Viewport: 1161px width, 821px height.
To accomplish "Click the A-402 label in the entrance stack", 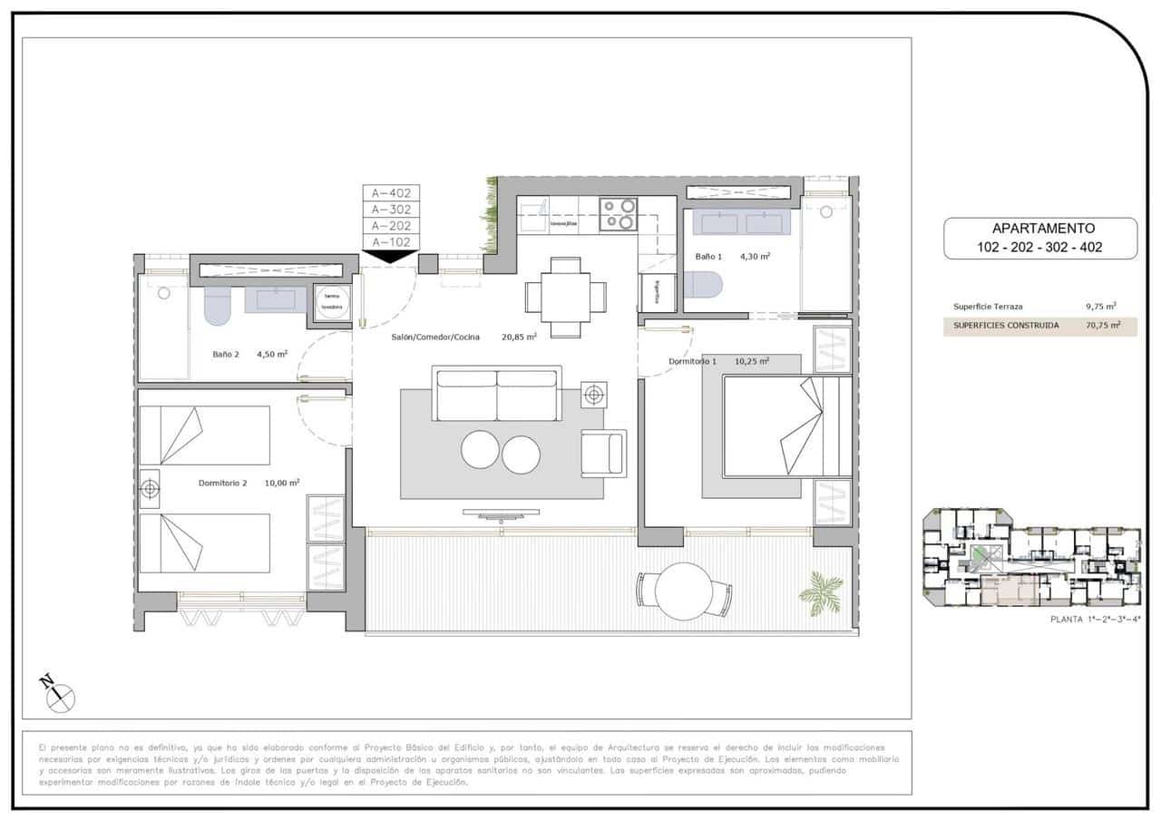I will pyautogui.click(x=391, y=192).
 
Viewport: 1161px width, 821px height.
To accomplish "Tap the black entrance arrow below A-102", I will pyautogui.click(x=391, y=256).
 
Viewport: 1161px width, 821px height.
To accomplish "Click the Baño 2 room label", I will pyautogui.click(x=225, y=355).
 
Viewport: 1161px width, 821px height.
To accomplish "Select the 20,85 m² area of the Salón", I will pyautogui.click(x=519, y=337).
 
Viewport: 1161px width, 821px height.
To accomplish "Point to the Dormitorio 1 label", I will pyautogui.click(x=693, y=361).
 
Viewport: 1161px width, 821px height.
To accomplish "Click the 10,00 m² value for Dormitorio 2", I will pyautogui.click(x=282, y=483).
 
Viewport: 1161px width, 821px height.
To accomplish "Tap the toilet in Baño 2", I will pyautogui.click(x=218, y=306).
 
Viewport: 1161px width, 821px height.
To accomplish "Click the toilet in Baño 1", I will pyautogui.click(x=702, y=286).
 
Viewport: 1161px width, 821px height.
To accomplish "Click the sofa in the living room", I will pyautogui.click(x=496, y=394).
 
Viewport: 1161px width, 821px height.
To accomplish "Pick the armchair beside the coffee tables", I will pyautogui.click(x=603, y=453).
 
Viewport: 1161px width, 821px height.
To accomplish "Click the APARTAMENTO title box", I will pyautogui.click(x=1039, y=239).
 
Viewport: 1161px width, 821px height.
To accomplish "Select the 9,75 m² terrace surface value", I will pyautogui.click(x=1100, y=307).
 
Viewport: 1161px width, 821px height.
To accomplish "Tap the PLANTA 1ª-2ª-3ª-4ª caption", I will pyautogui.click(x=1094, y=620).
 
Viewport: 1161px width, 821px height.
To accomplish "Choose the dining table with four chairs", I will pyautogui.click(x=566, y=295).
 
